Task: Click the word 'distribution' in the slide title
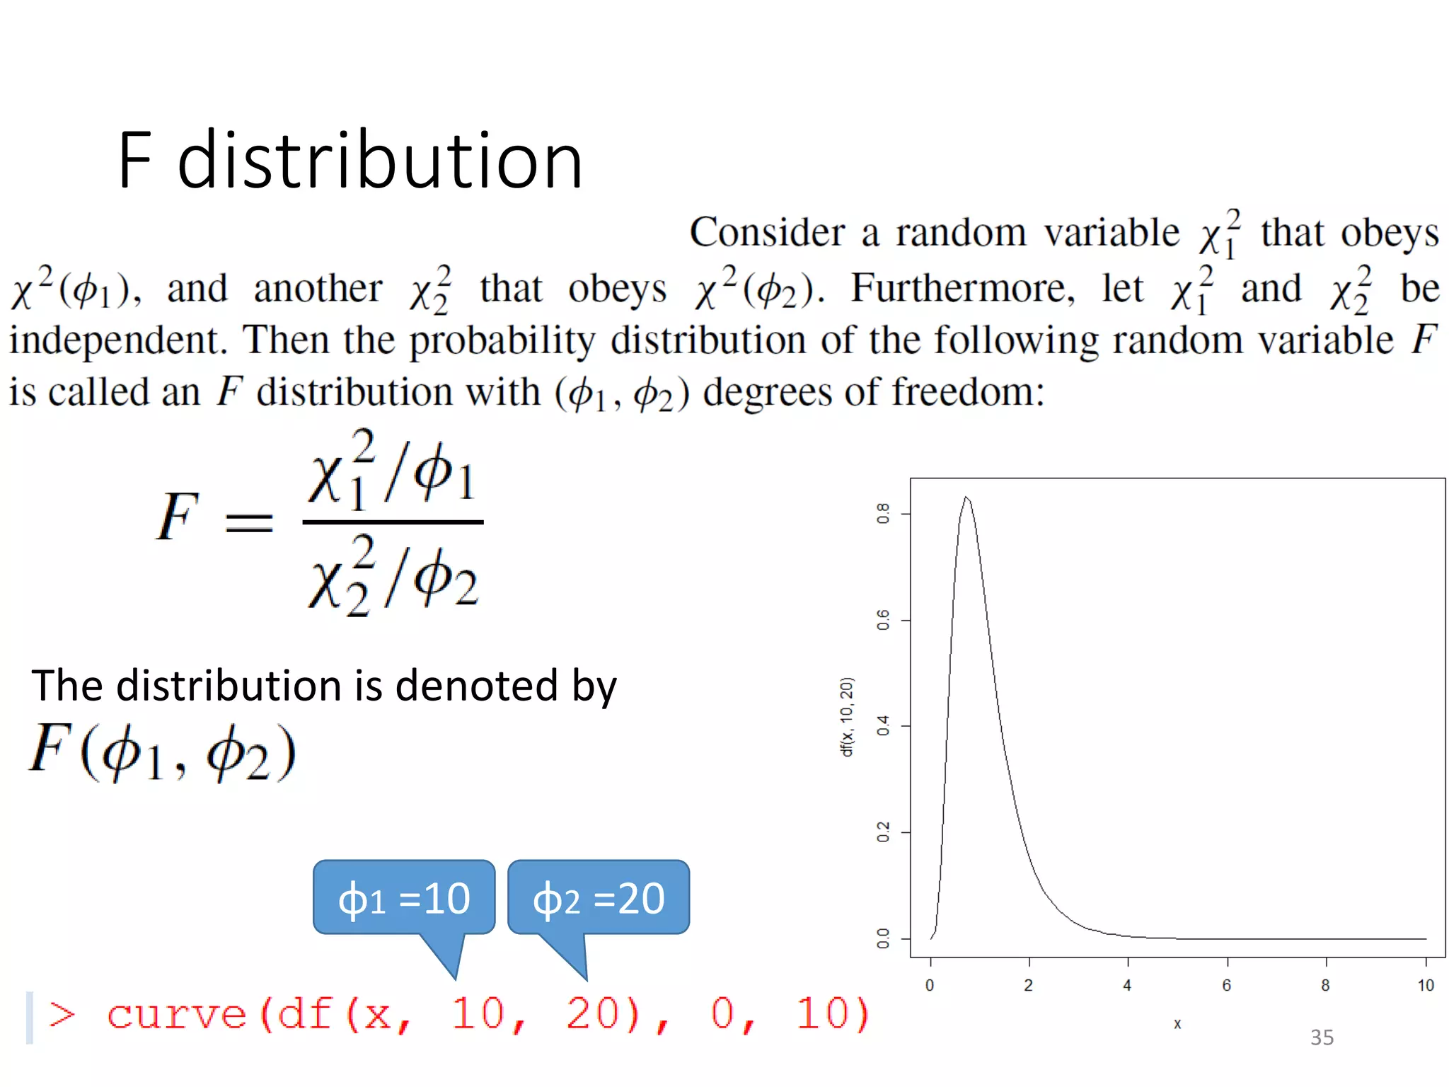click(380, 161)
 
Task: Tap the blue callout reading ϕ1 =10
click(404, 897)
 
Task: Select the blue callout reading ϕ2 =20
click(599, 897)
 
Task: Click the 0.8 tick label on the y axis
click(883, 513)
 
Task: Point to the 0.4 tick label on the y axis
click(883, 726)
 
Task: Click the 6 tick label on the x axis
click(1227, 985)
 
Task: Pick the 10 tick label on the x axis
click(1426, 985)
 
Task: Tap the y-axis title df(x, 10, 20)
click(847, 717)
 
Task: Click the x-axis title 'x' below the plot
click(1177, 1024)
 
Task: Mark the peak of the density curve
click(966, 498)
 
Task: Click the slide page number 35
click(1322, 1037)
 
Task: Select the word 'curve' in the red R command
click(177, 1015)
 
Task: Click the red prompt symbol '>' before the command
click(62, 1015)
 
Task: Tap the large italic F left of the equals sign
click(177, 517)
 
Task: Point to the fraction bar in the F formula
click(393, 522)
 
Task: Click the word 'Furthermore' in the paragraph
click(962, 289)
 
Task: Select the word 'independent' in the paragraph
click(117, 340)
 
